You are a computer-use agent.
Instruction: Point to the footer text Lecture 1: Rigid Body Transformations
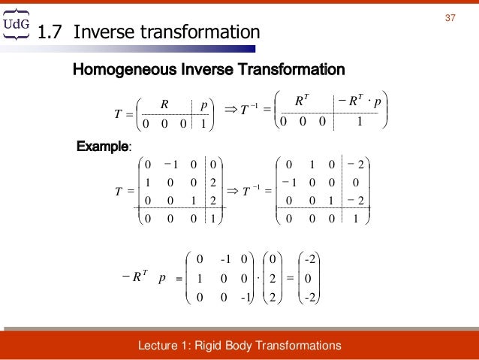point(240,346)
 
